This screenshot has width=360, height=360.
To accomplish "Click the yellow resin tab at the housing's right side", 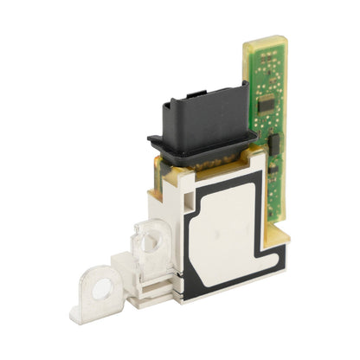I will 284,235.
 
